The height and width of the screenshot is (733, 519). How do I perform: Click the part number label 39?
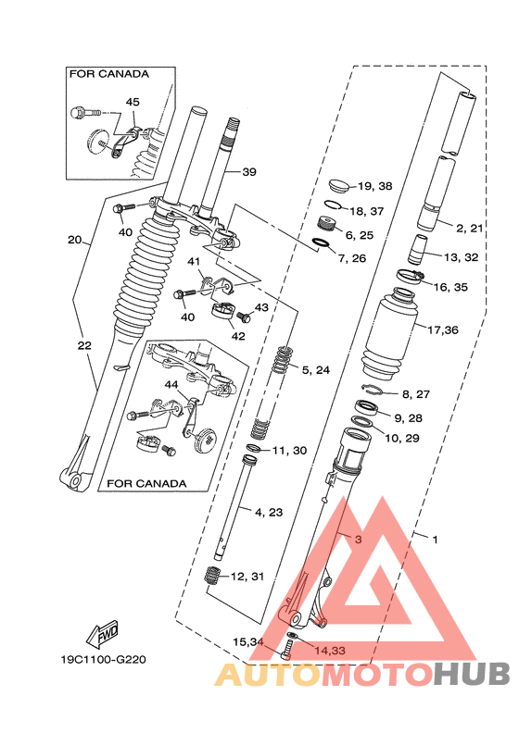pyautogui.click(x=248, y=172)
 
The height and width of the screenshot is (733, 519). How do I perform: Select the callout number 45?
pyautogui.click(x=133, y=102)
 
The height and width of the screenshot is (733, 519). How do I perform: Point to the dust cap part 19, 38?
pyautogui.click(x=338, y=183)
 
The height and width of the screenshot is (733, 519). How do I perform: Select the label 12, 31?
pyautogui.click(x=247, y=576)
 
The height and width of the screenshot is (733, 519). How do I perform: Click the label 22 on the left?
pyautogui.click(x=84, y=345)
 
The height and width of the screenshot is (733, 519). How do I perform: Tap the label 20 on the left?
pyautogui.click(x=75, y=240)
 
